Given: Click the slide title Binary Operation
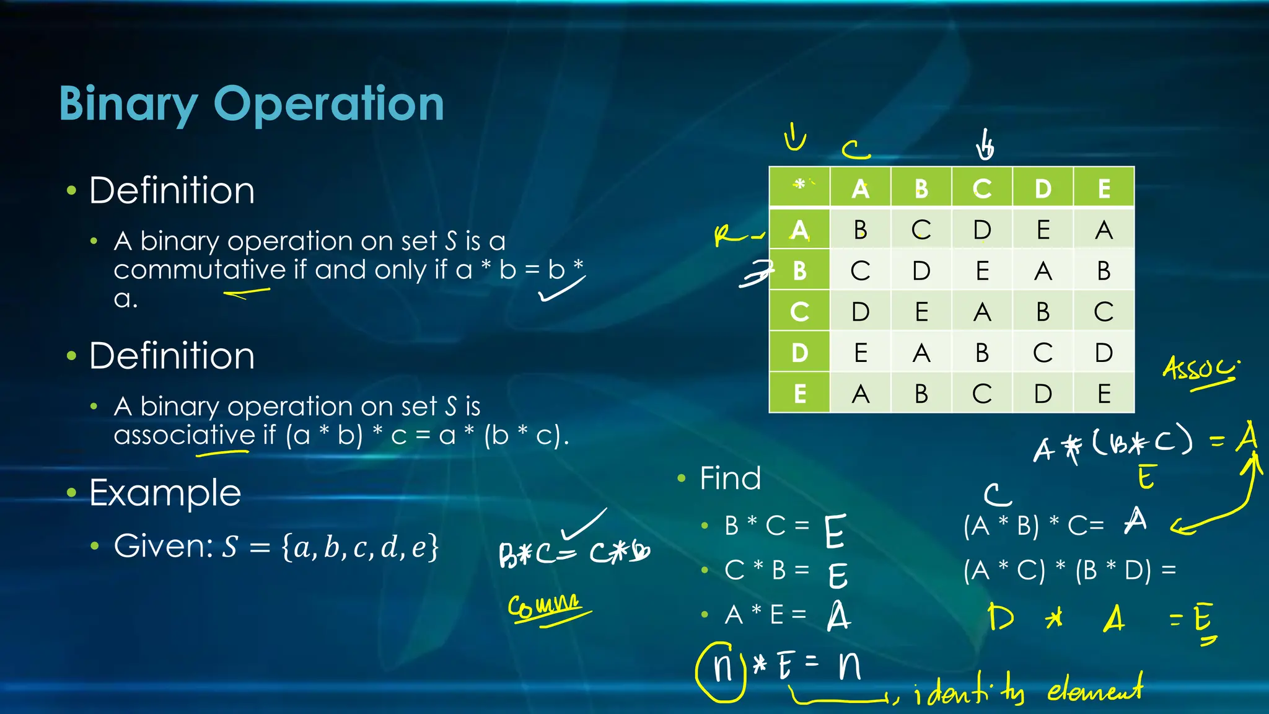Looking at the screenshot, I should pos(252,104).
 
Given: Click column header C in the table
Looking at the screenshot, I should pos(982,188).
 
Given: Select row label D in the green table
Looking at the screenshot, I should pos(799,353).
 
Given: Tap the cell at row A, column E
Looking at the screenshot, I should pos(1104,230).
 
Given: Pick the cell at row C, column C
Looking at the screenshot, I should pos(982,312).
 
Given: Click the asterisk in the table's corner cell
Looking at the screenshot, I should pos(799,184).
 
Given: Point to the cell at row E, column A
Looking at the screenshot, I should pos(860,394).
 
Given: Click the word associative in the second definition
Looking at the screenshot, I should pos(184,435).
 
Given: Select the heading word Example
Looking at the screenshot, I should pos(165,493).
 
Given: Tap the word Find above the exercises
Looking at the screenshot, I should pos(730,478).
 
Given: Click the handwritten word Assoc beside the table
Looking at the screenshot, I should pos(1200,369).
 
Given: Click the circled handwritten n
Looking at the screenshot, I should pos(722,670).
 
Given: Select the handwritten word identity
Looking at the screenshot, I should pos(970,690).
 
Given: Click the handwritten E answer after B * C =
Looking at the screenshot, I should pos(835,531).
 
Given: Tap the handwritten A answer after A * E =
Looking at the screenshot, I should pos(838,616).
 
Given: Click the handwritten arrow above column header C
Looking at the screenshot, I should pos(985,146).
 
